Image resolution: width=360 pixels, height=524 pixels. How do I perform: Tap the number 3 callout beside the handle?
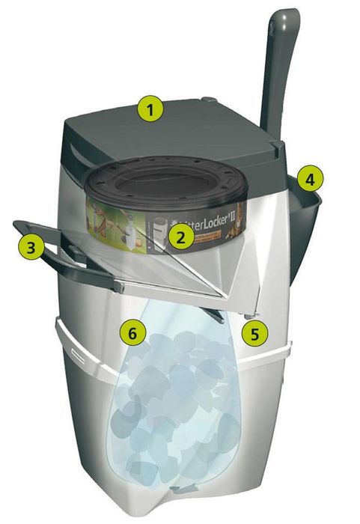pyautogui.click(x=30, y=248)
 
